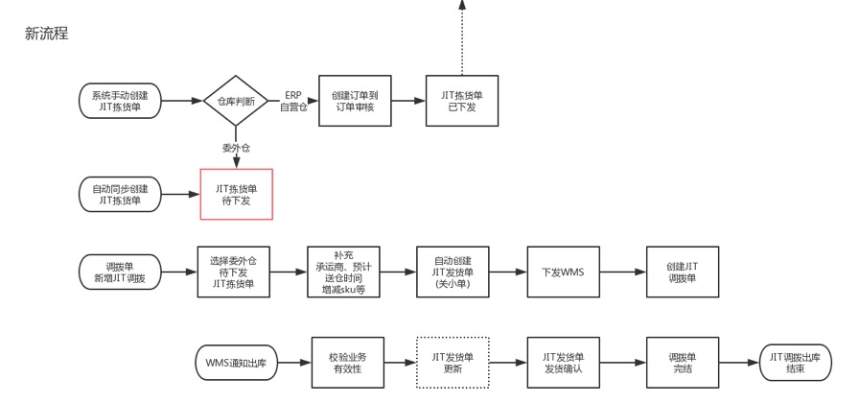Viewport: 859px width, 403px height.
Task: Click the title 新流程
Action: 46,34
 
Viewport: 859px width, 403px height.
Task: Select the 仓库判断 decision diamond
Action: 235,100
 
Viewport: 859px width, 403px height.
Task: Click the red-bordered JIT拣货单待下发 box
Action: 236,196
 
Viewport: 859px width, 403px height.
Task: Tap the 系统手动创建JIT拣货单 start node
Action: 121,100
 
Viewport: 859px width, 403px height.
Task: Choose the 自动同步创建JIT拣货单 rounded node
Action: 121,195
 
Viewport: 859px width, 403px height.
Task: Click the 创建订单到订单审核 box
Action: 354,101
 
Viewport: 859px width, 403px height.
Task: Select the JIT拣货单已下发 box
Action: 462,101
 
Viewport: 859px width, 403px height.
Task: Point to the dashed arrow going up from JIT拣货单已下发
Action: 462,38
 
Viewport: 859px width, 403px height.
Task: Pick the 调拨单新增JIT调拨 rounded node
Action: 121,271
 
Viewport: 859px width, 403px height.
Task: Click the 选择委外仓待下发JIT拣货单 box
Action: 234,272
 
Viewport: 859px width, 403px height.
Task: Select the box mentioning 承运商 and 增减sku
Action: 343,272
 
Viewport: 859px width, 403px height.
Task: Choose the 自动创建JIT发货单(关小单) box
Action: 453,272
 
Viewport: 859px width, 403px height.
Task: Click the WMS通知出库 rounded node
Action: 232,363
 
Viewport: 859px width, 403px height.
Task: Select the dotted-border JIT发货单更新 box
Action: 453,363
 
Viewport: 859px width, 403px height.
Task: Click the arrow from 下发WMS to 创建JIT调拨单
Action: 621,272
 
